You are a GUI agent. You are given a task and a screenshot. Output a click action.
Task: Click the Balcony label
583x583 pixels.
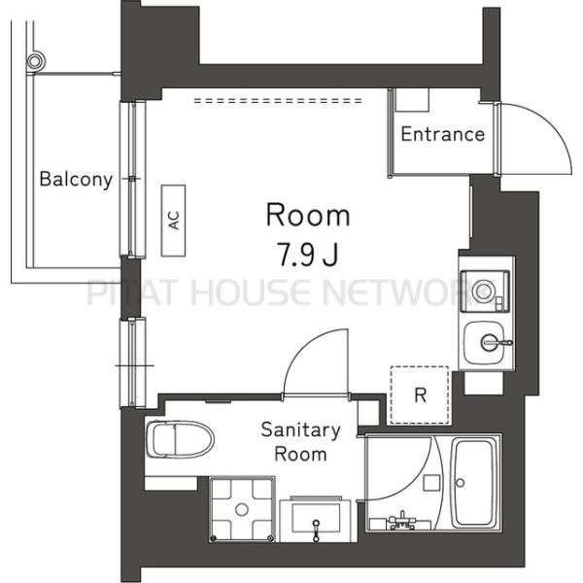(x=76, y=179)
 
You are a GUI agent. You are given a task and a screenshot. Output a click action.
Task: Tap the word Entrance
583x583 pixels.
(x=443, y=134)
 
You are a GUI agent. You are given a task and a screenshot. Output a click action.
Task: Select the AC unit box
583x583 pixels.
(x=173, y=221)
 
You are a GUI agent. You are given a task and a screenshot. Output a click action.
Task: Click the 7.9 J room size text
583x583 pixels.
(x=308, y=255)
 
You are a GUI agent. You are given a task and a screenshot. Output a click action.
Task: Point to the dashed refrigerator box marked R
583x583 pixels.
(x=420, y=394)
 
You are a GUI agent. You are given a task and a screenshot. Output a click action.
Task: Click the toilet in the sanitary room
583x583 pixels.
(x=180, y=439)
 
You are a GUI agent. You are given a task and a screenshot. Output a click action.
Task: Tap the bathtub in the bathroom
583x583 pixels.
(x=475, y=483)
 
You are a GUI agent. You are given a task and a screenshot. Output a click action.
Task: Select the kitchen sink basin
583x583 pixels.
(x=485, y=343)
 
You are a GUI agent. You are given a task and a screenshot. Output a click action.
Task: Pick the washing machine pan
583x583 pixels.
(x=242, y=508)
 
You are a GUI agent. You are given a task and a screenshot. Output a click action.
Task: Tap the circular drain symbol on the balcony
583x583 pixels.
(x=35, y=60)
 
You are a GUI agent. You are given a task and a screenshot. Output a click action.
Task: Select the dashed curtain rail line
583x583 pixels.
(x=278, y=100)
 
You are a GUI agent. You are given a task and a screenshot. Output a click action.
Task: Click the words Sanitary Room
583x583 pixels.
(x=300, y=442)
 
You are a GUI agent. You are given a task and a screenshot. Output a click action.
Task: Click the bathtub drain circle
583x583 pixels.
(x=460, y=483)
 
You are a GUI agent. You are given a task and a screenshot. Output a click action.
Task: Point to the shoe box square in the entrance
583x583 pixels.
(x=412, y=100)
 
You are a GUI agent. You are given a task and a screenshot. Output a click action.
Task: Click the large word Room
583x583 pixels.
(x=308, y=216)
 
